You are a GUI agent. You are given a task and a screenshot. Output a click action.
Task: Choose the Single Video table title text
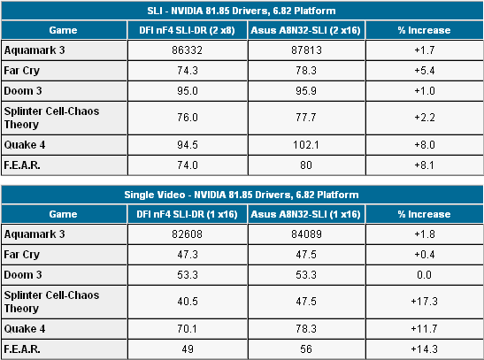coord(242,194)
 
